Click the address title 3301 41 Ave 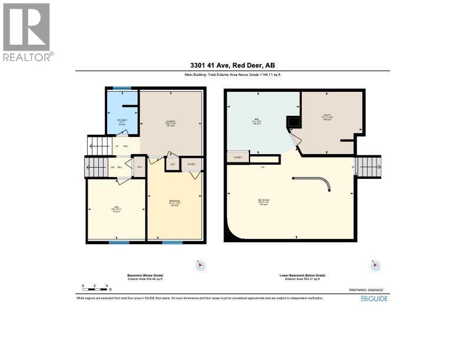click(232, 65)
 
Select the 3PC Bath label click(122, 122)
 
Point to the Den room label click(116, 208)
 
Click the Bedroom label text click(174, 202)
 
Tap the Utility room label click(327, 117)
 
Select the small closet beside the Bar click(238, 157)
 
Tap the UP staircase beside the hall click(98, 145)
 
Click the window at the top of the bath click(122, 88)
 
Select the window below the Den click(119, 242)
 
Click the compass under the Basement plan click(201, 266)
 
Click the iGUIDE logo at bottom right click(374, 298)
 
